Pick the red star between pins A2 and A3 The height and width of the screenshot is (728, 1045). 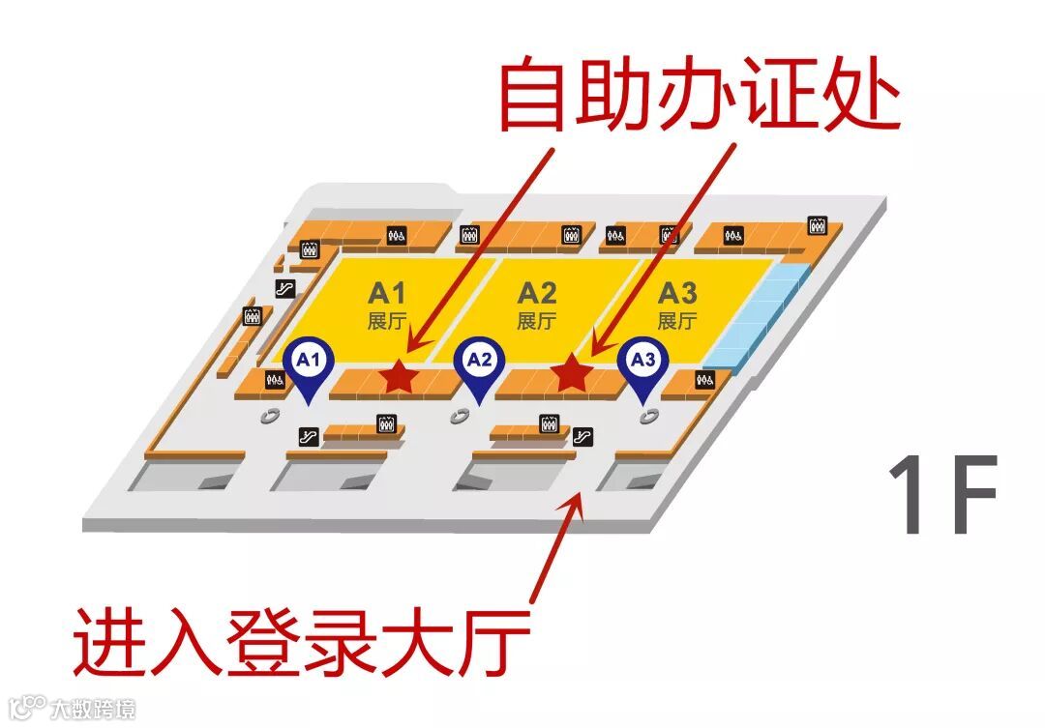571,373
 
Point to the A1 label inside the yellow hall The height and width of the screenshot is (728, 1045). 386,292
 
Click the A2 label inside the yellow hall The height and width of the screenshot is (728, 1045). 537,292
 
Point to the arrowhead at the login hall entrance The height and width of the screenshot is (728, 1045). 578,498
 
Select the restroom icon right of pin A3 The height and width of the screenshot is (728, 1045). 705,381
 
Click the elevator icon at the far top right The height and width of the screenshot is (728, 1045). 817,226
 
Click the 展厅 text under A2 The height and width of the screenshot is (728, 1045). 537,321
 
